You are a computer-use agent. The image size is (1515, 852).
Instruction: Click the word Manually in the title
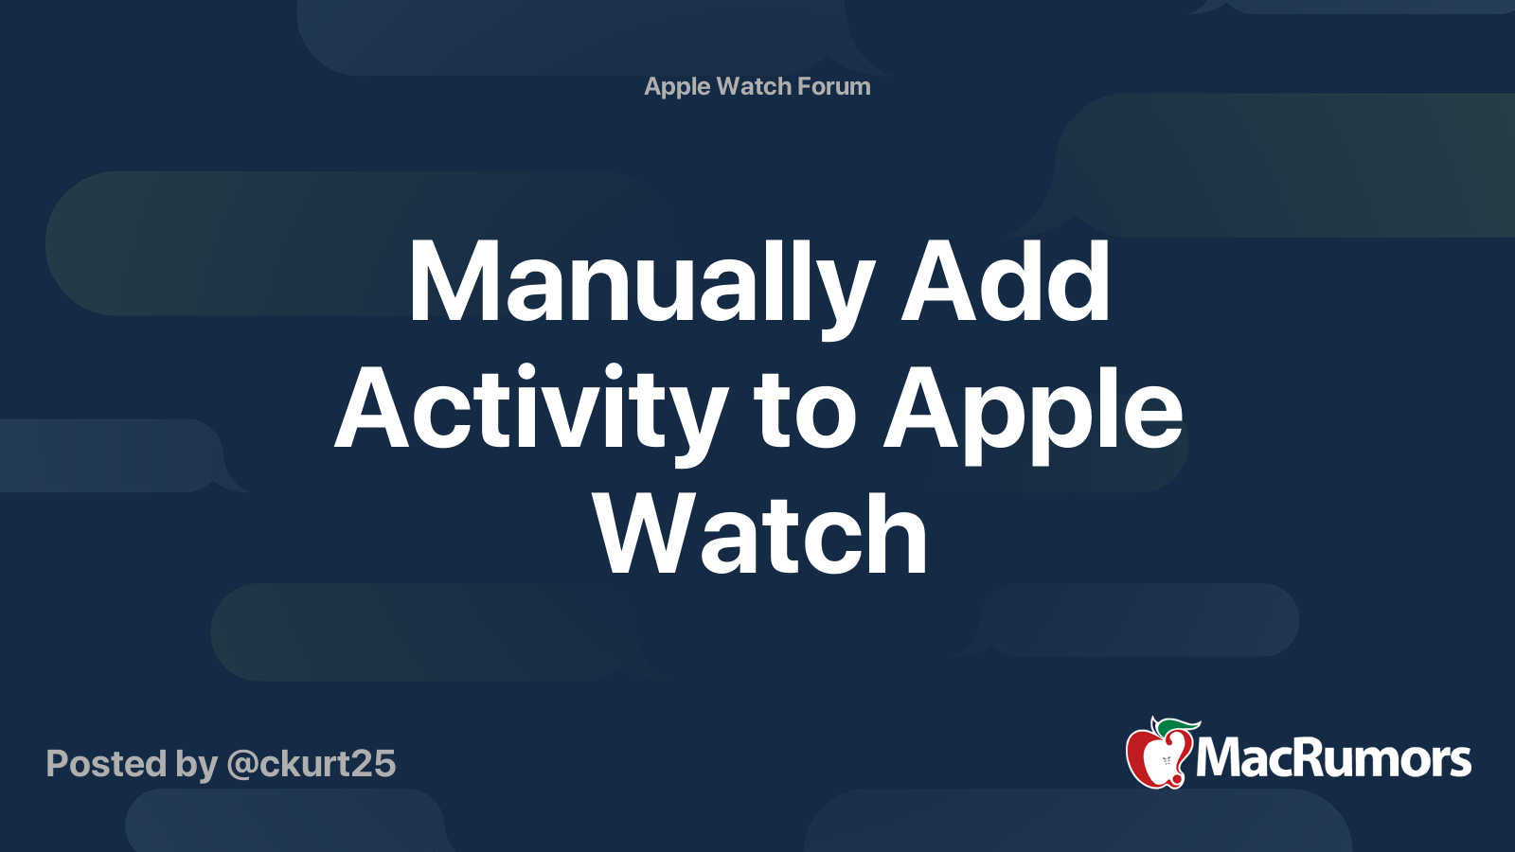(640, 285)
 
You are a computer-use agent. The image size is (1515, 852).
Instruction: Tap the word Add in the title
(1005, 280)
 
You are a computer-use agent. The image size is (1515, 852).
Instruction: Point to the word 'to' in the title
(805, 413)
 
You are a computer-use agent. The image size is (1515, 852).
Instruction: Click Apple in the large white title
(1033, 412)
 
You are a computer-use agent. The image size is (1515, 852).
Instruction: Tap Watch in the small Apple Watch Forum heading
(754, 86)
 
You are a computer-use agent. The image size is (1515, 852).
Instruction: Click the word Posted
(106, 763)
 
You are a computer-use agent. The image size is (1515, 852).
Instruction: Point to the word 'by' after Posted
(197, 766)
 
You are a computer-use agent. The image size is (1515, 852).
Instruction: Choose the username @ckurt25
(312, 764)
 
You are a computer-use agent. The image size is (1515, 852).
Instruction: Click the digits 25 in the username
(377, 764)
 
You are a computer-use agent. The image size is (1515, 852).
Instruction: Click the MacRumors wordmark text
(1333, 758)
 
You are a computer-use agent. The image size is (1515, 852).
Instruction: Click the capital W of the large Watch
(645, 533)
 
